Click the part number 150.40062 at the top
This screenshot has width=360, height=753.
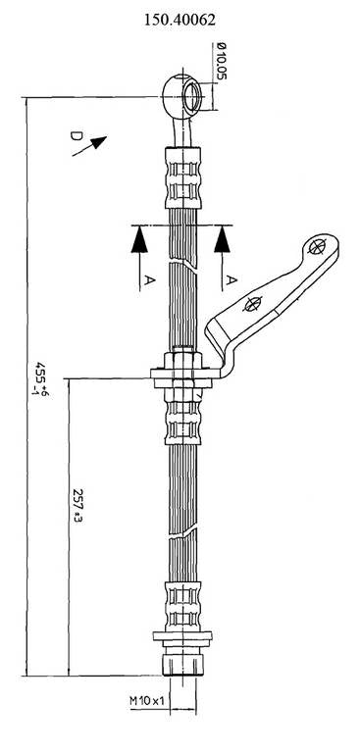click(x=180, y=19)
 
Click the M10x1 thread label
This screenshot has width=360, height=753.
click(x=147, y=699)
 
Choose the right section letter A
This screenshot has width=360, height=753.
click(x=231, y=280)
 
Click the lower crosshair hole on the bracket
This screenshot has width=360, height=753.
click(x=253, y=304)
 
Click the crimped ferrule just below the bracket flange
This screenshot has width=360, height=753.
click(x=183, y=417)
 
